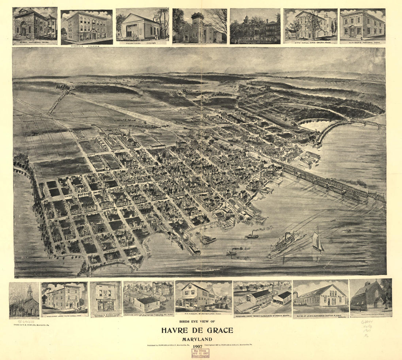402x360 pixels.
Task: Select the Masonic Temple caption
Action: tap(87, 46)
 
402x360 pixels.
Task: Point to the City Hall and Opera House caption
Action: tap(311, 42)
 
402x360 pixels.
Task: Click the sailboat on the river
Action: tap(318, 241)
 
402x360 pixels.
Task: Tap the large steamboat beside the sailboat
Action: tap(282, 244)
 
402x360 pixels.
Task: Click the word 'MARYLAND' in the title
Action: tap(197, 339)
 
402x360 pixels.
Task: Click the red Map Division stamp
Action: tap(200, 353)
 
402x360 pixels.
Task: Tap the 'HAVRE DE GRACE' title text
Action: tap(197, 330)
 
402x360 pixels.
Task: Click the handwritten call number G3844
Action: tap(367, 322)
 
